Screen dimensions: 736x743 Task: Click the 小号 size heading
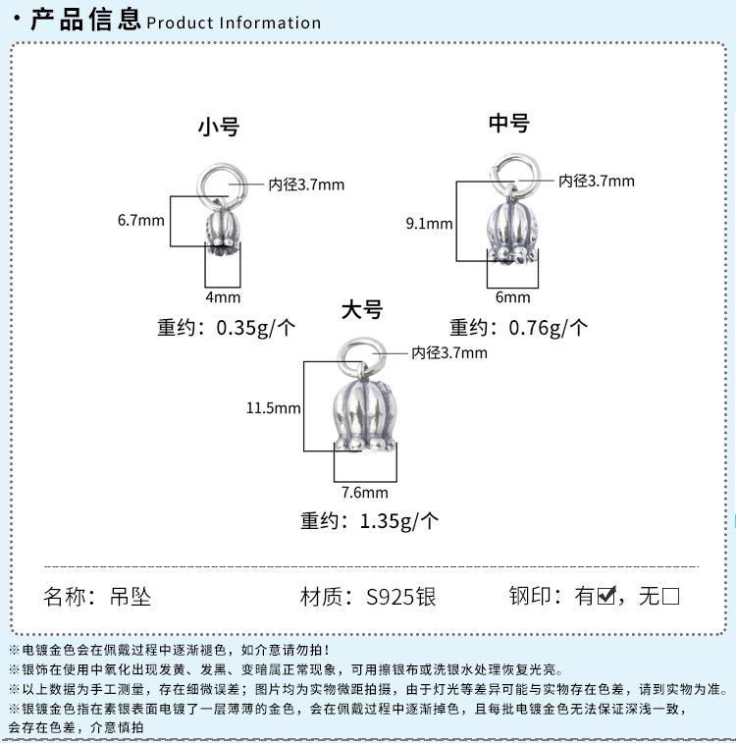click(219, 127)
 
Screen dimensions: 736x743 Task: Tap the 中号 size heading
click(509, 123)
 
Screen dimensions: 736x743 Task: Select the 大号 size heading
click(362, 310)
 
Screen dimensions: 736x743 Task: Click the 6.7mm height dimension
click(140, 220)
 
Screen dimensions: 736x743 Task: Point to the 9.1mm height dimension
click(429, 223)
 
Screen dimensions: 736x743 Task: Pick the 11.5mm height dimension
click(273, 408)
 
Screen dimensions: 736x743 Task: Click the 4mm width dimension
click(223, 297)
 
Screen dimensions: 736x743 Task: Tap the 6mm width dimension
click(512, 297)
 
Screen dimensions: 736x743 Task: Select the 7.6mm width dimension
click(365, 493)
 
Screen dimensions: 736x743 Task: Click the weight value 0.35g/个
click(256, 328)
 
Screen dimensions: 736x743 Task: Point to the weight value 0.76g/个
click(549, 328)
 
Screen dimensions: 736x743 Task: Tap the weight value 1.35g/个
click(399, 521)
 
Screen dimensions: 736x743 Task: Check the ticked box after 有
click(606, 596)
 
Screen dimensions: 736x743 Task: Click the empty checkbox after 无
click(670, 596)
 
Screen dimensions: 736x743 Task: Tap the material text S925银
click(400, 597)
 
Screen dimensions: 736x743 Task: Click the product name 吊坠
click(131, 597)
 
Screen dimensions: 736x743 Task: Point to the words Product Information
click(234, 23)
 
